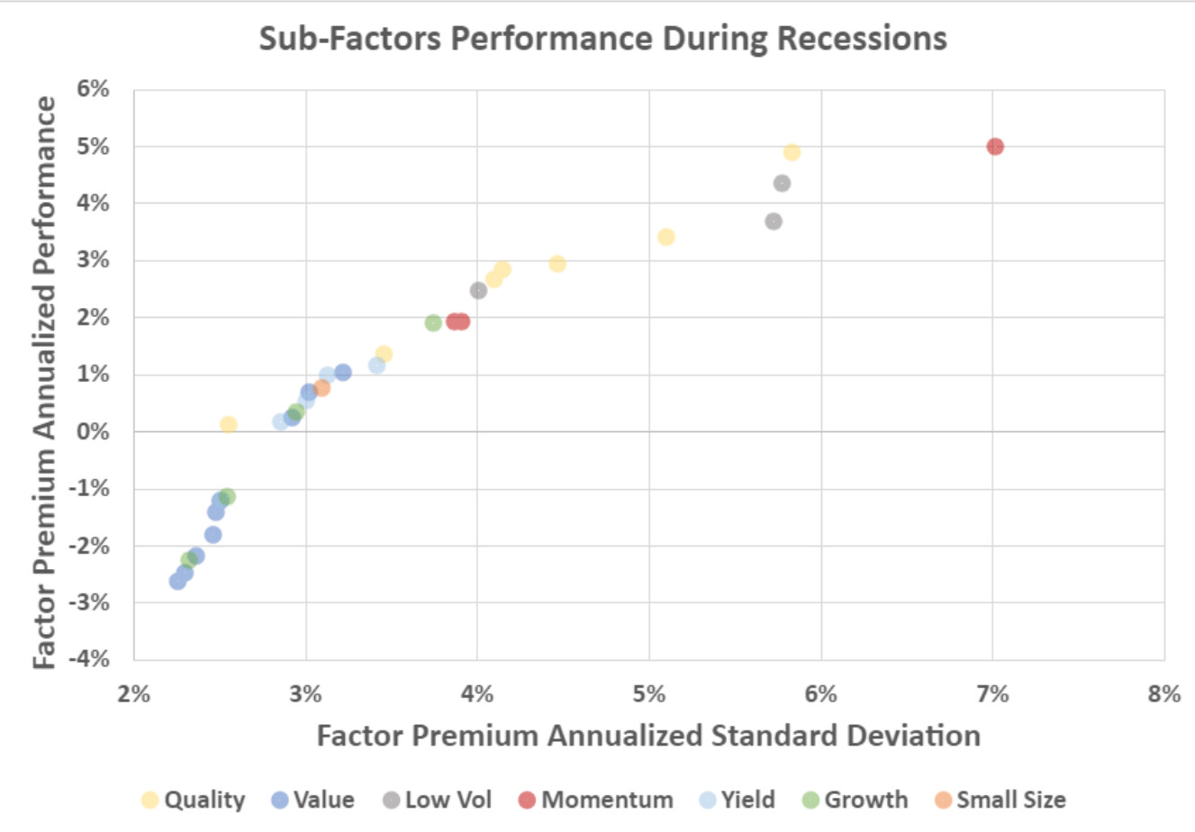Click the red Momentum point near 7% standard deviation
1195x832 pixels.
[994, 146]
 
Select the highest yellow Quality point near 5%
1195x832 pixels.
[792, 152]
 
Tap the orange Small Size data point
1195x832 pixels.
[321, 388]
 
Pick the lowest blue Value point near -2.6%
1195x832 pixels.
[178, 581]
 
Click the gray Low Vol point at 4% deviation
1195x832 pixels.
[478, 290]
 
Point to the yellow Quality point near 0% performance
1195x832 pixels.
[229, 424]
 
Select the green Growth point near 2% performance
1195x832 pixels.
[433, 322]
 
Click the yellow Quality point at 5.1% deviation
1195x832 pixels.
[666, 237]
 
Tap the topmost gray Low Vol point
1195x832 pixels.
[782, 183]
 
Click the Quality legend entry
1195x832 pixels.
[194, 800]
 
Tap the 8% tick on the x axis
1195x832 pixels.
[1163, 693]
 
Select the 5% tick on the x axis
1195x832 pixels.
[649, 693]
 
